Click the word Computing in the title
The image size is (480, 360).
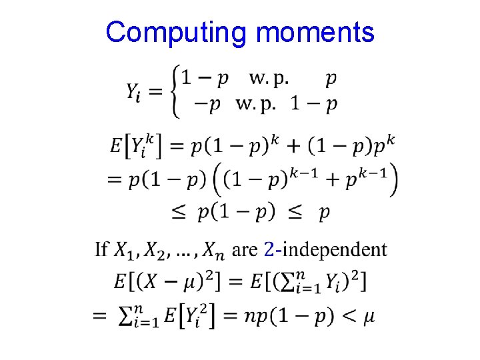(x=177, y=32)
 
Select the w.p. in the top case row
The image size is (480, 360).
(x=269, y=79)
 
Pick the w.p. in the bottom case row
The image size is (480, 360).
(x=256, y=103)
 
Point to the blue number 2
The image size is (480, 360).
(x=269, y=249)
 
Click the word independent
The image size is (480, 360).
(x=333, y=249)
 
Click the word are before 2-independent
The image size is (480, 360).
(x=245, y=250)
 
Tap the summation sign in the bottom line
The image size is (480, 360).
(x=127, y=315)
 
